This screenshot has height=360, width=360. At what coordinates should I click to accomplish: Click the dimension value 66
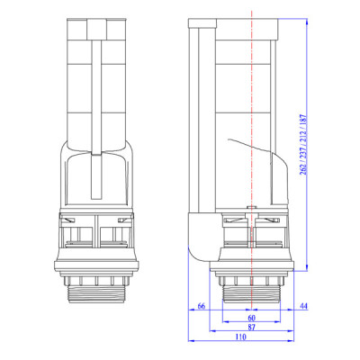pyautogui.click(x=201, y=308)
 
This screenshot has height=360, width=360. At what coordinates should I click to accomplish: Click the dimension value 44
pyautogui.click(x=303, y=308)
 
